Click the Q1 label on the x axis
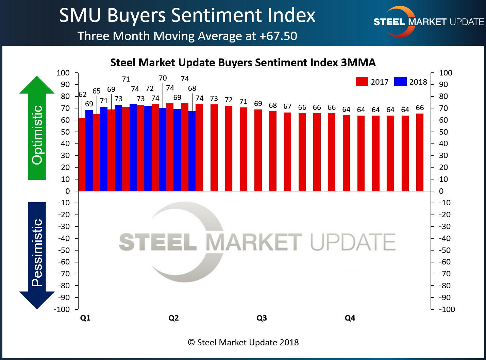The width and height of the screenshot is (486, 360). pos(85,318)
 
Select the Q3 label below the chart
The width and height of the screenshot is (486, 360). pos(262,318)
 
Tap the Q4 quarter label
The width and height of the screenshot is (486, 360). pos(350,318)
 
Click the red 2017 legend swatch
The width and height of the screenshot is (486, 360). pos(362,82)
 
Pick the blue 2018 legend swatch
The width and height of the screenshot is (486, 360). pos(400,82)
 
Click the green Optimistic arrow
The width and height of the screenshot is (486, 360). pos(37,129)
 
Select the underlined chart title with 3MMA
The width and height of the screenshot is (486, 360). pos(243,63)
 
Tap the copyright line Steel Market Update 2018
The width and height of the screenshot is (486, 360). pos(243,342)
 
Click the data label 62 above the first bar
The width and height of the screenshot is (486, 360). pos(82,95)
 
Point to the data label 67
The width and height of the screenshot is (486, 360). pos(287,106)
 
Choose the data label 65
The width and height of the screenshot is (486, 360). pos(97,91)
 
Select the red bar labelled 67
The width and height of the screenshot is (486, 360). pos(287,152)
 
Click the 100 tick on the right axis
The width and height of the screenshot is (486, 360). pos(446,73)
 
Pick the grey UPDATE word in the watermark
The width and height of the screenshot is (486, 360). pos(353,242)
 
